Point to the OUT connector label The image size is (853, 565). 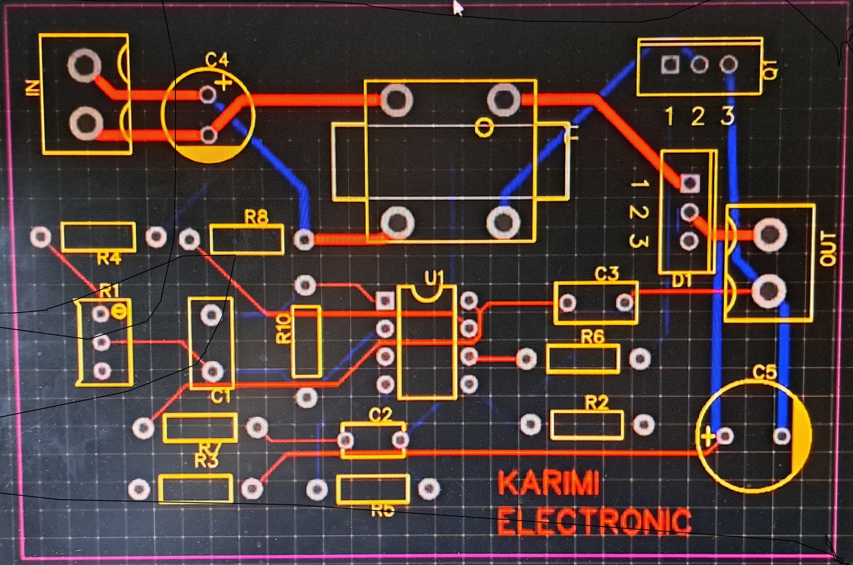827,249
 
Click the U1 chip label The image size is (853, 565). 434,277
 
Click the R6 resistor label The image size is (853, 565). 592,337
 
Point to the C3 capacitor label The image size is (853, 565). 606,274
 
